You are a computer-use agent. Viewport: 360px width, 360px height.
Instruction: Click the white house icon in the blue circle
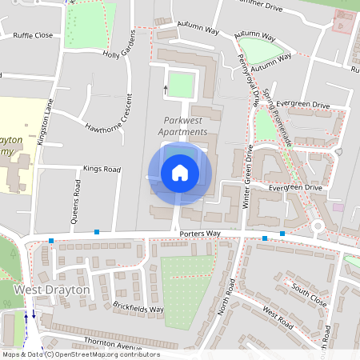point(179,172)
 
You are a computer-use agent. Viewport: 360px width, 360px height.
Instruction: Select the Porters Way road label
point(199,234)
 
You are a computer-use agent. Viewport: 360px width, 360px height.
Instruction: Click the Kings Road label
point(102,170)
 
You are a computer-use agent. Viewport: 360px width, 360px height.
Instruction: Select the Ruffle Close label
point(33,35)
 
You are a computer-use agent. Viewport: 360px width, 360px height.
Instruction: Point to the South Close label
point(309,291)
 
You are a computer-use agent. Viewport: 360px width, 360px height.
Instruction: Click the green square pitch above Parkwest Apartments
point(182,84)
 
